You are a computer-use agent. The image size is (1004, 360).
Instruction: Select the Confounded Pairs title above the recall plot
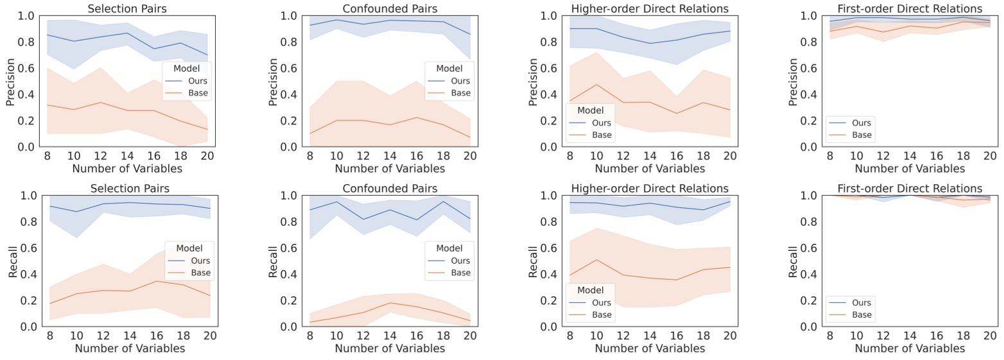tap(390, 189)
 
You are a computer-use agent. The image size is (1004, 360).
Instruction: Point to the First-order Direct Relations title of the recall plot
tap(910, 189)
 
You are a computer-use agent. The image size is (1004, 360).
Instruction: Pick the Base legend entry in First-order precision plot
tap(861, 135)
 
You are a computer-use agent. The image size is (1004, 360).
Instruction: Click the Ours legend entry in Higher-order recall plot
tap(602, 302)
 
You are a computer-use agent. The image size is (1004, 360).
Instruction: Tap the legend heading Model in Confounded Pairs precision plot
tap(449, 68)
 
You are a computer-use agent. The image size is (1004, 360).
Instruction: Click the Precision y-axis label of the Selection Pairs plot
tap(11, 81)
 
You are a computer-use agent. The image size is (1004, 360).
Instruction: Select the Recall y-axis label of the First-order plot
tap(793, 261)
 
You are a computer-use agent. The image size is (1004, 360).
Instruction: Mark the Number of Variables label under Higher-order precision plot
tap(650, 169)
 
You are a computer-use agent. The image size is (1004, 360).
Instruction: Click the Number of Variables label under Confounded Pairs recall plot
tap(390, 348)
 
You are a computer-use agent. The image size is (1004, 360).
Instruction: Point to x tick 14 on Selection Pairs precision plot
tap(130, 156)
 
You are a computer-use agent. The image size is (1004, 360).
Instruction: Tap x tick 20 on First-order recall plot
tap(990, 336)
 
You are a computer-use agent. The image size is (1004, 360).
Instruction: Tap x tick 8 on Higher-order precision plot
tap(568, 156)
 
